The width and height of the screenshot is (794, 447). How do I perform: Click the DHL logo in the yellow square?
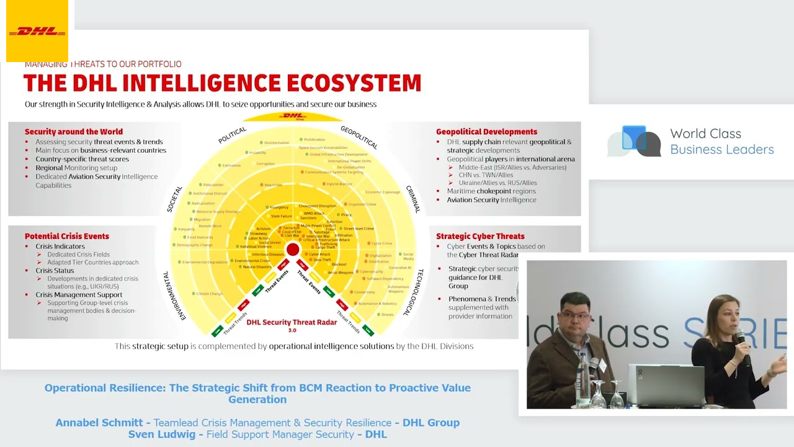point(37,31)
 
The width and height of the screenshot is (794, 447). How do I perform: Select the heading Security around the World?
point(74,132)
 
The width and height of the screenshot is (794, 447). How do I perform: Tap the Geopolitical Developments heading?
point(486,132)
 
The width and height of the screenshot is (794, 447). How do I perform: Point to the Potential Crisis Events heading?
point(67,236)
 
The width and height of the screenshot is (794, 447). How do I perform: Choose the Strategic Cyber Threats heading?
point(480,236)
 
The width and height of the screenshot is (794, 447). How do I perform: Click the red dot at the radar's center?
point(293,250)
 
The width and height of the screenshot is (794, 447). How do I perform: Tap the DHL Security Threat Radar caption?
point(292,322)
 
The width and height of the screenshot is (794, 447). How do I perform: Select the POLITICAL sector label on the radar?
point(233,135)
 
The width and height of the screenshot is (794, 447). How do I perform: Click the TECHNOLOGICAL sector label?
point(413,292)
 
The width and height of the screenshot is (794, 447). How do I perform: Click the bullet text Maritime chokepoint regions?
point(491,191)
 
